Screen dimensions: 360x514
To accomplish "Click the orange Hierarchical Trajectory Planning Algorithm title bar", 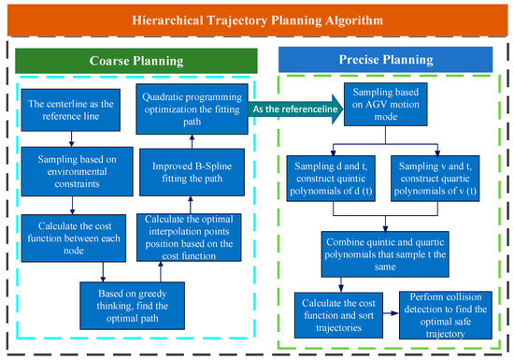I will (256, 20).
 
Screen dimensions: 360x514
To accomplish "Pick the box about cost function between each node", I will (61, 234).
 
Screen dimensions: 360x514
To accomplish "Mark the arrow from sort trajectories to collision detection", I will (390, 310).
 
